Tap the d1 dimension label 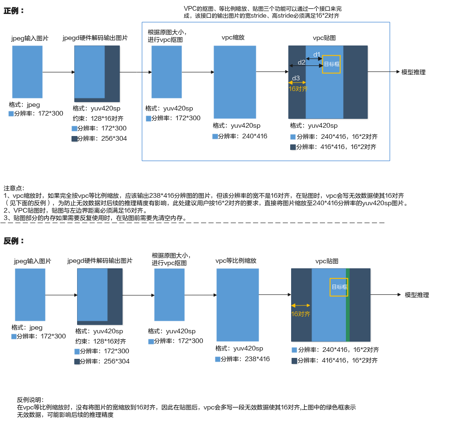[317, 55]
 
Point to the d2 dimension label [301, 62]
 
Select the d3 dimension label [296, 78]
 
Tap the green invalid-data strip [348, 305]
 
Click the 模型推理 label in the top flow [413, 72]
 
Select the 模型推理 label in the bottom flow [417, 295]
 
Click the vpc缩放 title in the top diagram [233, 38]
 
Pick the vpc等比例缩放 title [236, 260]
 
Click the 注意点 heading [14, 188]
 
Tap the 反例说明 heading [30, 400]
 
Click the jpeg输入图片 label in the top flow [30, 39]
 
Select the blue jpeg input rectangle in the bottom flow [30, 294]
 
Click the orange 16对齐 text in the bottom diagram [301, 314]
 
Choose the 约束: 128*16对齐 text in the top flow [98, 118]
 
